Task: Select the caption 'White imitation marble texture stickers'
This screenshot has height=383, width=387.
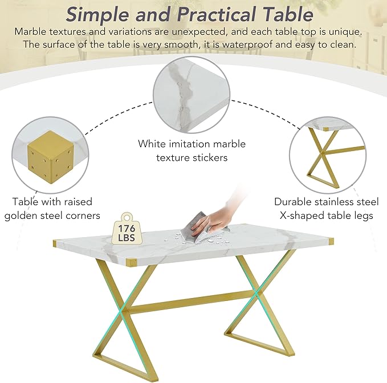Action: coord(191,150)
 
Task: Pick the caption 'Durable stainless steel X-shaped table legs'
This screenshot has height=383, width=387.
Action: coord(326,208)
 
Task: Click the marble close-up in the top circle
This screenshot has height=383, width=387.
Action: coord(191,94)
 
